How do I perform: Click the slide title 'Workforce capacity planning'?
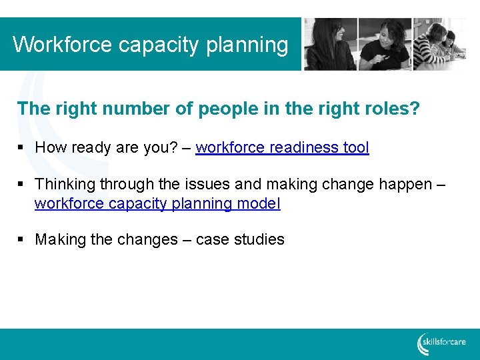[151, 45]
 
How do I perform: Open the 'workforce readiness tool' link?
[282, 147]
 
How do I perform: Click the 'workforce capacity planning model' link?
[157, 203]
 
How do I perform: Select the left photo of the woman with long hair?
[330, 44]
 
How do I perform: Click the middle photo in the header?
[385, 44]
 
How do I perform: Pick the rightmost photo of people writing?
[439, 44]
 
